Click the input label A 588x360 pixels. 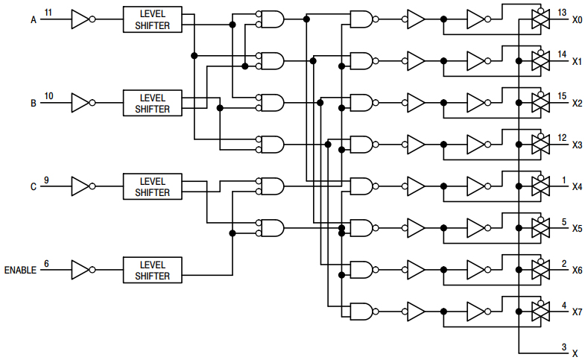click(x=33, y=20)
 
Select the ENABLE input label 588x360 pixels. click(x=20, y=270)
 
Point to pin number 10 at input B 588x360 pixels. click(x=48, y=96)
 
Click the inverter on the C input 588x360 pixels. click(x=80, y=186)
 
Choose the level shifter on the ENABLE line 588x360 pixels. click(x=152, y=270)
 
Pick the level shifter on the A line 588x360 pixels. click(x=152, y=20)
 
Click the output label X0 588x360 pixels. click(x=577, y=20)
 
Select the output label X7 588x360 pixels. click(x=577, y=312)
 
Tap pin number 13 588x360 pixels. click(x=562, y=13)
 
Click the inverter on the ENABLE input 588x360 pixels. click(x=80, y=270)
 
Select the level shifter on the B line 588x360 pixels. click(x=152, y=104)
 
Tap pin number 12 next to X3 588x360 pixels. click(x=562, y=137)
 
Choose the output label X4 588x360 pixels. click(x=577, y=186)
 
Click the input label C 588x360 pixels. click(x=33, y=187)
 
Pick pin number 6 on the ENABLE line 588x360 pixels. click(x=47, y=263)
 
